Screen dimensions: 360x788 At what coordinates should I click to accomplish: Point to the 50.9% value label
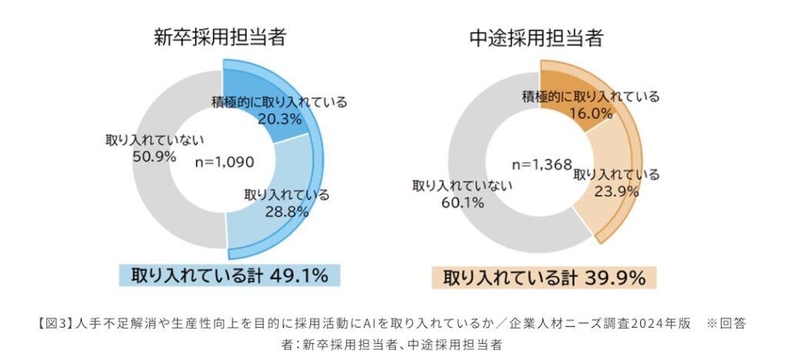point(154,157)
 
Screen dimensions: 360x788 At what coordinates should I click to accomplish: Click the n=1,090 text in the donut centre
point(223,162)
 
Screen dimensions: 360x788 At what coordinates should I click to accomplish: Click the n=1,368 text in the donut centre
point(543,164)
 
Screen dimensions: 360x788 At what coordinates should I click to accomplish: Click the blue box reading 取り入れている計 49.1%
point(229,275)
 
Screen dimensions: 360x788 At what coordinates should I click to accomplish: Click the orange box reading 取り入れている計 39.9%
point(543,277)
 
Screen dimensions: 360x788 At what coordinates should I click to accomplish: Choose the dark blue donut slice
point(254,85)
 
